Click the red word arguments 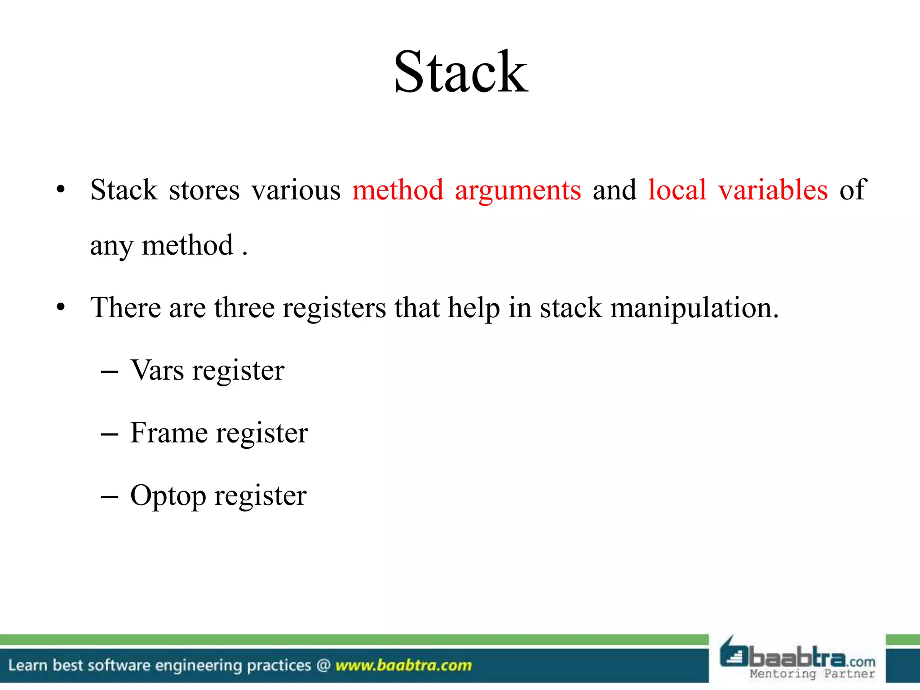pyautogui.click(x=517, y=190)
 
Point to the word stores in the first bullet pyautogui.click(x=204, y=190)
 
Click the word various pyautogui.click(x=296, y=190)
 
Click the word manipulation pyautogui.click(x=694, y=309)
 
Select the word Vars pyautogui.click(x=157, y=371)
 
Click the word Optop pyautogui.click(x=168, y=496)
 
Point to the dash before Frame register pyautogui.click(x=110, y=434)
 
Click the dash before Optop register pyautogui.click(x=110, y=497)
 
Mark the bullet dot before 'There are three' pyautogui.click(x=61, y=308)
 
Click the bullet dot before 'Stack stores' pyautogui.click(x=61, y=190)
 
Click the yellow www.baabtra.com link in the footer pyautogui.click(x=403, y=665)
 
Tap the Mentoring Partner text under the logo pyautogui.click(x=812, y=673)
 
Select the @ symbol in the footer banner pyautogui.click(x=323, y=665)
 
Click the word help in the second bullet pyautogui.click(x=473, y=309)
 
